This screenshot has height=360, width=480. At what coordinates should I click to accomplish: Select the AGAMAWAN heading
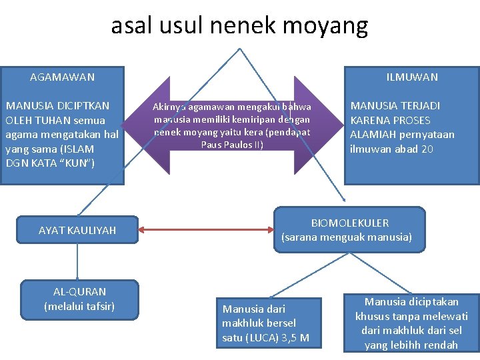[x=62, y=77]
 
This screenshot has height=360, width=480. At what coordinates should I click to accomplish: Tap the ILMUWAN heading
[x=412, y=77]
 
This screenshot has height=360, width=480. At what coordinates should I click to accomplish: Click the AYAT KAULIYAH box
[x=77, y=230]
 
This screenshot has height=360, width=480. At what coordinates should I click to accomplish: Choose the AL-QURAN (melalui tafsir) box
[x=79, y=299]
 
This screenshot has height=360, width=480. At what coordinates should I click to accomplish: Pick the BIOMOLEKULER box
[x=350, y=229]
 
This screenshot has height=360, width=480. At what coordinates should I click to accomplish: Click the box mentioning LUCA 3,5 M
[x=266, y=323]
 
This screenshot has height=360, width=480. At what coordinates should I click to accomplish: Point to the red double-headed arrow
[x=207, y=230]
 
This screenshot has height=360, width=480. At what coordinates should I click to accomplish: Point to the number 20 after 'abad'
[x=426, y=149]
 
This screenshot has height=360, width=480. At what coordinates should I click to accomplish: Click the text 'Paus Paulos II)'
[x=232, y=145]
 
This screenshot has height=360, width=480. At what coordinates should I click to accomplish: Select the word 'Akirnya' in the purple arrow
[x=169, y=107]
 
